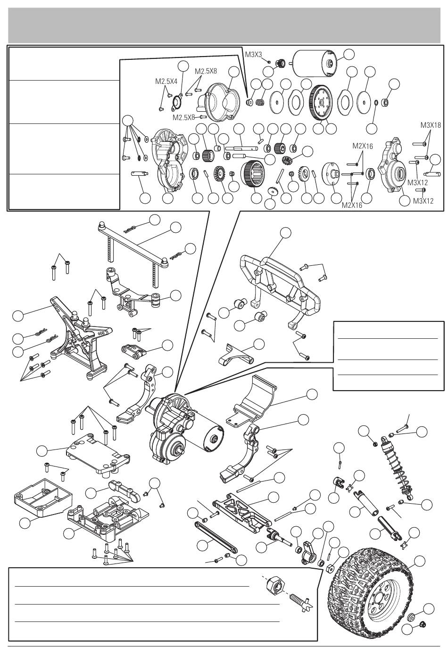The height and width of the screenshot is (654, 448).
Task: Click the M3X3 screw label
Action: pyautogui.click(x=254, y=54)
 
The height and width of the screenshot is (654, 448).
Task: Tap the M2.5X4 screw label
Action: pyautogui.click(x=166, y=81)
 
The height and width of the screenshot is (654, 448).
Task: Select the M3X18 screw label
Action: pyautogui.click(x=431, y=125)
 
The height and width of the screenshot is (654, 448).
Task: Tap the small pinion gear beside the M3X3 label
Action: pyautogui.click(x=281, y=62)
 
